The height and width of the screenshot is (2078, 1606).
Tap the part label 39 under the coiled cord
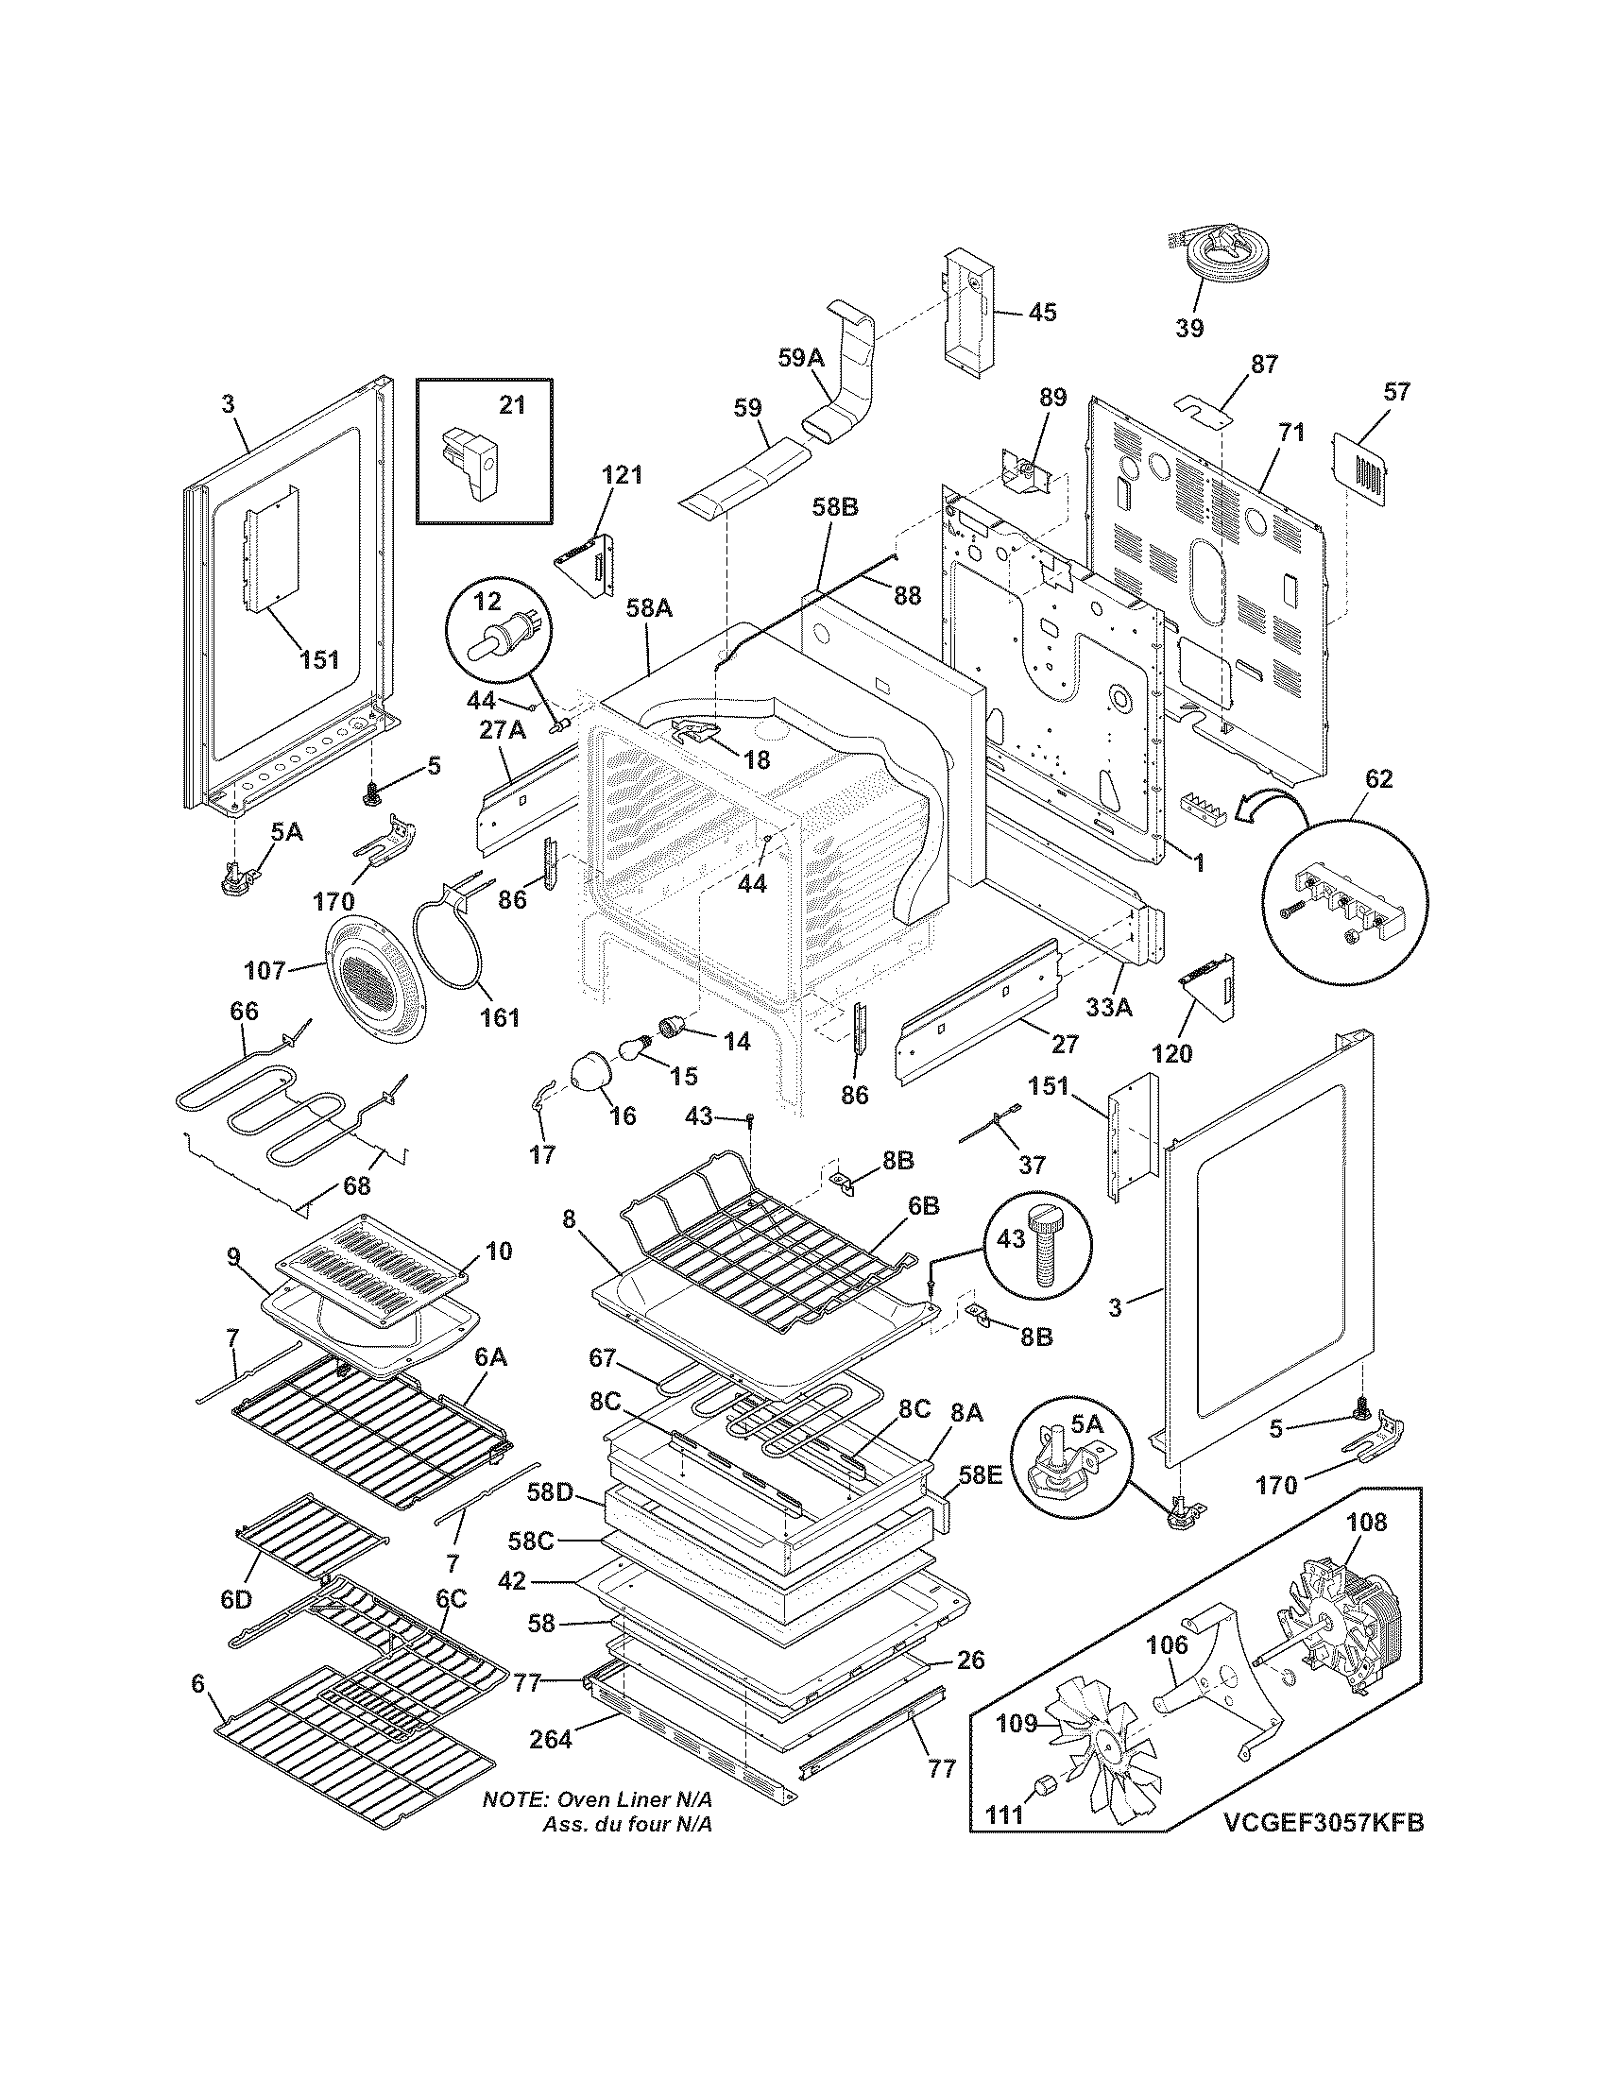[1188, 329]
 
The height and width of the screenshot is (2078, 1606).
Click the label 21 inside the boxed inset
[512, 405]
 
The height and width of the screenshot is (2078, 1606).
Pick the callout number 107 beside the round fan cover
[265, 970]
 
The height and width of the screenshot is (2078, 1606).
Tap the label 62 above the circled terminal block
[1378, 779]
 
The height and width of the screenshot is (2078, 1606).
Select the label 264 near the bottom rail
[551, 1740]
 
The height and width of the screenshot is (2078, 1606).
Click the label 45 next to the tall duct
[1042, 312]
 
